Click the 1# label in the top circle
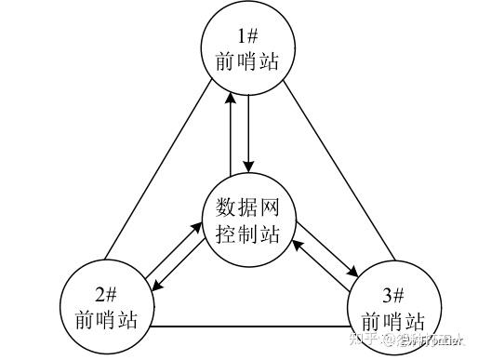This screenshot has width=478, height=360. pyautogui.click(x=246, y=36)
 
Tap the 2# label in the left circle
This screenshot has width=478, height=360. pyautogui.click(x=105, y=296)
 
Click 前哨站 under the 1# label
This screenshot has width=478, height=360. pyautogui.click(x=246, y=61)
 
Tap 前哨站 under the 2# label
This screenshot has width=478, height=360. pyautogui.click(x=105, y=320)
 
